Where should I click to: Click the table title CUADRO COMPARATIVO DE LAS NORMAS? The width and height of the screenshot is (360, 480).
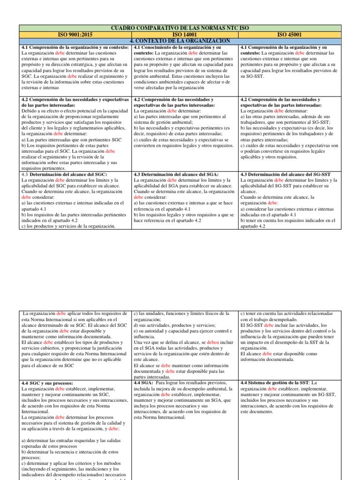click(180, 29)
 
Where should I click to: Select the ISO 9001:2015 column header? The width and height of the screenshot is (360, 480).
click(76, 35)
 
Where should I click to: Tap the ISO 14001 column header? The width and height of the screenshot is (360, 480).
click(185, 35)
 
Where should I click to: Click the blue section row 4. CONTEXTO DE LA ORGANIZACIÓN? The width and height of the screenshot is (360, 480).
click(180, 41)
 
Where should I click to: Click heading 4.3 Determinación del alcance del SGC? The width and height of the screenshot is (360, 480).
click(65, 174)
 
